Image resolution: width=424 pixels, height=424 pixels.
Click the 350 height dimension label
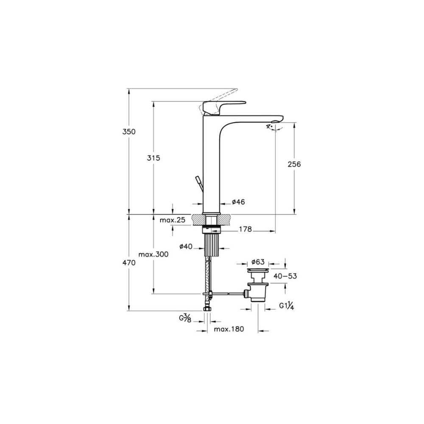(129, 132)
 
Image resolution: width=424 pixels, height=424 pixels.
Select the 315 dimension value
(153, 158)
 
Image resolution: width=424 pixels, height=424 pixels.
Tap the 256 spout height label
(294, 164)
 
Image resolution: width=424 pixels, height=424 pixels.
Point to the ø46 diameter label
(238, 202)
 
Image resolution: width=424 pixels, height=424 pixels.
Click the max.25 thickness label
(173, 220)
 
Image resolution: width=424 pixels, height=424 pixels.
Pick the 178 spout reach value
(245, 229)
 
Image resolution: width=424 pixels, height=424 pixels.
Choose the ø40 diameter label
(186, 246)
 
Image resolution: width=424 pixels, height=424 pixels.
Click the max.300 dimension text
(153, 254)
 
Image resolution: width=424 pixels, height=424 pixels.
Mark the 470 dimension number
(129, 262)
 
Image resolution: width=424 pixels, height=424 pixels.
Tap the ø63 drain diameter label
(258, 262)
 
